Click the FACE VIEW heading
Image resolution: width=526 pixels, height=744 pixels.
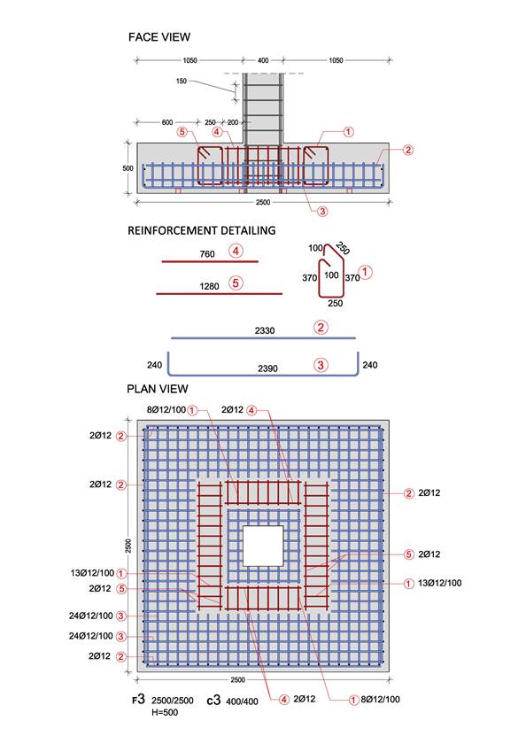(159, 37)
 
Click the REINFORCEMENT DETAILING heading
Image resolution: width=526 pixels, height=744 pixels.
(202, 230)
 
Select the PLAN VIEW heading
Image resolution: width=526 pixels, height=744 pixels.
(158, 389)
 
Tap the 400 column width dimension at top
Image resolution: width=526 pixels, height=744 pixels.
(263, 60)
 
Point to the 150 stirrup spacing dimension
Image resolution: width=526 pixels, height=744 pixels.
(182, 81)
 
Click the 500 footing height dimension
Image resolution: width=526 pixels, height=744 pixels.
(128, 168)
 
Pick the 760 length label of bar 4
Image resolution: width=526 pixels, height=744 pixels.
(207, 254)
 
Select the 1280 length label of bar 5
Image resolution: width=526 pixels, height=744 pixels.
(209, 286)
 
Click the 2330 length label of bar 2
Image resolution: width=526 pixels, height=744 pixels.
(265, 330)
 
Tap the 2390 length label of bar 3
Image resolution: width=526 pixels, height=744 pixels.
(267, 368)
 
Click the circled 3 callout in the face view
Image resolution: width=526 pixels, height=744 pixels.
(322, 211)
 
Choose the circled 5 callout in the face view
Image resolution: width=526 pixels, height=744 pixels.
(182, 132)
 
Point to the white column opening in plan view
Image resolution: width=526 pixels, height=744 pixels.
(263, 546)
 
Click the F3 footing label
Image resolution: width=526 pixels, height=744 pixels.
(138, 699)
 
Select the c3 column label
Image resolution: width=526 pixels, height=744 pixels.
(214, 700)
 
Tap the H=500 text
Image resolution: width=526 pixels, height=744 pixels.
(165, 712)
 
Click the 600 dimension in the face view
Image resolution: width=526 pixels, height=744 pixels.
(167, 122)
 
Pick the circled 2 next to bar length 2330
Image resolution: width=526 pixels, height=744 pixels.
(321, 328)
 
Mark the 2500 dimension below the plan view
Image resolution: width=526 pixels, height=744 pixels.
(237, 679)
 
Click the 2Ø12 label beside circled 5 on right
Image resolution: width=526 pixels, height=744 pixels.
(429, 554)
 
